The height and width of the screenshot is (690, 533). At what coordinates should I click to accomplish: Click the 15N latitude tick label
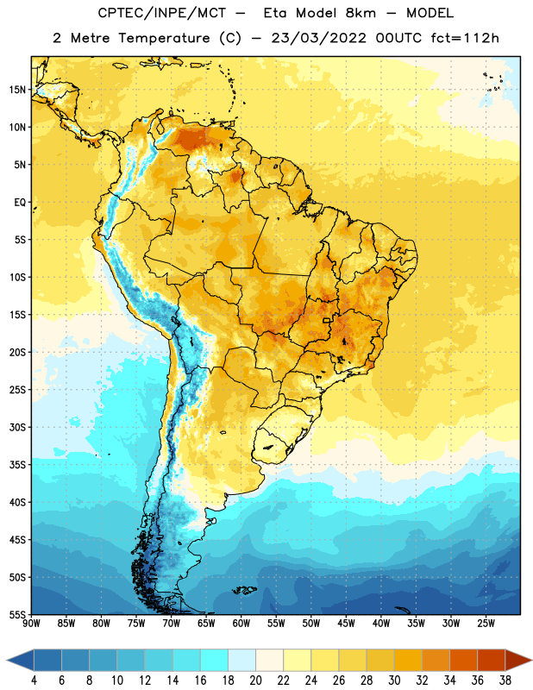[17, 90]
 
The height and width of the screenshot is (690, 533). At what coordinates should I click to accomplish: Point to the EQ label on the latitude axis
[20, 203]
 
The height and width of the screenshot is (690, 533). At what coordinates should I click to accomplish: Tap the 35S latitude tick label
[17, 465]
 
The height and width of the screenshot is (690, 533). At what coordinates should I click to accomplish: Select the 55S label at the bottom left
[17, 614]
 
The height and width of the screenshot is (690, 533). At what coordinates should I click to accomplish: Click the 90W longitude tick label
[31, 624]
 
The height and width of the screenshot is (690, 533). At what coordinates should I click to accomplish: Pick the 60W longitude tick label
[241, 624]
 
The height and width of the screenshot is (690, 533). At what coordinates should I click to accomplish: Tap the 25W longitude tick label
[486, 624]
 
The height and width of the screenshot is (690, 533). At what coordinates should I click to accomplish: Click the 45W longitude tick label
[346, 624]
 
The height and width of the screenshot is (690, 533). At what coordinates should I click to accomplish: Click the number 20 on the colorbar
[255, 681]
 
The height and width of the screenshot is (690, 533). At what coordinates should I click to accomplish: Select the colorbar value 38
[505, 681]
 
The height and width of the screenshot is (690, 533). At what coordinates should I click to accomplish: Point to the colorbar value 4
[34, 681]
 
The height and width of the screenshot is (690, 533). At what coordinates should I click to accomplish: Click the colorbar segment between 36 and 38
[492, 660]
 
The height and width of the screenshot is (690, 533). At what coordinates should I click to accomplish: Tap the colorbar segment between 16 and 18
[214, 660]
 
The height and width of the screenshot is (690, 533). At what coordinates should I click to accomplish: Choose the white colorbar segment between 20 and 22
[269, 660]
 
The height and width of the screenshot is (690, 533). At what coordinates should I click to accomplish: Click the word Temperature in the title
[164, 38]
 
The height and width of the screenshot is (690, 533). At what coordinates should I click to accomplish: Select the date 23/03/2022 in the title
[318, 38]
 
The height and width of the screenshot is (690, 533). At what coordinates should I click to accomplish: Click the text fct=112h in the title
[465, 38]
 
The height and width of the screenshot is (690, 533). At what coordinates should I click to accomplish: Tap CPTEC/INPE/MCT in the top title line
[162, 13]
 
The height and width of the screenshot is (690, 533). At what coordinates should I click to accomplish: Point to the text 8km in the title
[361, 13]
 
